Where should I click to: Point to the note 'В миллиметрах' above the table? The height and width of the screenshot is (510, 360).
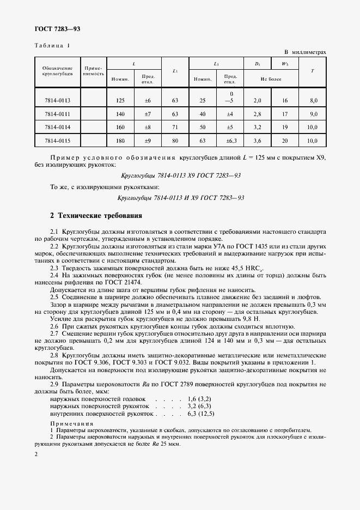click(x=305, y=52)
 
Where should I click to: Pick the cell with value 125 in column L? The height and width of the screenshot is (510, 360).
click(x=120, y=100)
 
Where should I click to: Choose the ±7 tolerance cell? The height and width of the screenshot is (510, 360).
click(x=147, y=114)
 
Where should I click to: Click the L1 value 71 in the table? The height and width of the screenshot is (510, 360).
click(x=175, y=127)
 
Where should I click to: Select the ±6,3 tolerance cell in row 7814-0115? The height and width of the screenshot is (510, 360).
click(x=230, y=141)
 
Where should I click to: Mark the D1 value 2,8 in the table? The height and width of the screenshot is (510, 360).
click(x=258, y=114)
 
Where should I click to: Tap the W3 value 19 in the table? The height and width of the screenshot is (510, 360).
click(x=285, y=127)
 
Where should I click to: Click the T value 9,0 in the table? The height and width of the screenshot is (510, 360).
click(x=313, y=114)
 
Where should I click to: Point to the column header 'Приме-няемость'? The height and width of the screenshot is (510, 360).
click(x=93, y=70)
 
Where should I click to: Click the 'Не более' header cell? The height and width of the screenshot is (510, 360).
click(x=271, y=79)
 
